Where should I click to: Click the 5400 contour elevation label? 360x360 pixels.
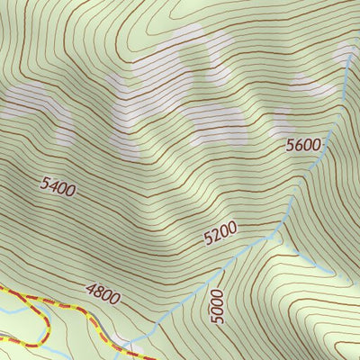[58, 188]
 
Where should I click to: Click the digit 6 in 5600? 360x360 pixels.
[299, 146]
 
